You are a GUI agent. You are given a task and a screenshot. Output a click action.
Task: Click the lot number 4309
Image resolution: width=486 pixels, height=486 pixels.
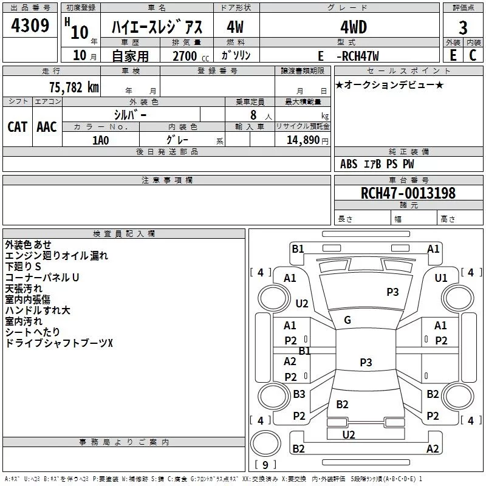[30, 27]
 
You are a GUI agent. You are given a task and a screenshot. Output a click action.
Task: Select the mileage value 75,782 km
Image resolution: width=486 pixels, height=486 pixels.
[74, 87]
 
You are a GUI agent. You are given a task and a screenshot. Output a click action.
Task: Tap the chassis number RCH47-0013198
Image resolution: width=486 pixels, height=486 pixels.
[408, 193]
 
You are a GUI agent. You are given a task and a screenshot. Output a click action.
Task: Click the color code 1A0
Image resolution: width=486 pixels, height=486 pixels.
[100, 140]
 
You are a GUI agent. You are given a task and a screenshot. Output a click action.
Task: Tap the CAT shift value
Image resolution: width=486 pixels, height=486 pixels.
[17, 126]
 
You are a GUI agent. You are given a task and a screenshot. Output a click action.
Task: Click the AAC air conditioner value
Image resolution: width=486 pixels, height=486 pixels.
[47, 126]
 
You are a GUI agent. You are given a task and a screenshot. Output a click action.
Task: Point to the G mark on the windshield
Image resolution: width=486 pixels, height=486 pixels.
[347, 320]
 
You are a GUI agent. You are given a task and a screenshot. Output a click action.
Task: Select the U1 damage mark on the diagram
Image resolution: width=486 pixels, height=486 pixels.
[441, 278]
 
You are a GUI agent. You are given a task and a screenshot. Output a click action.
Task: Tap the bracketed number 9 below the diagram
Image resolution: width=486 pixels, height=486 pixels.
[265, 465]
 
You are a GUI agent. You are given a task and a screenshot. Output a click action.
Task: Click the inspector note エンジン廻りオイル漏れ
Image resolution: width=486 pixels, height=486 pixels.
[56, 255]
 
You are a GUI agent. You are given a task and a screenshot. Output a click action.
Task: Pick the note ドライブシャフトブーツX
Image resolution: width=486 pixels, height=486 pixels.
[59, 343]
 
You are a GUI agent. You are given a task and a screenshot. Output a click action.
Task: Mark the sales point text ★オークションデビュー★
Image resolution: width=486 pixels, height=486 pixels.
[389, 84]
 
